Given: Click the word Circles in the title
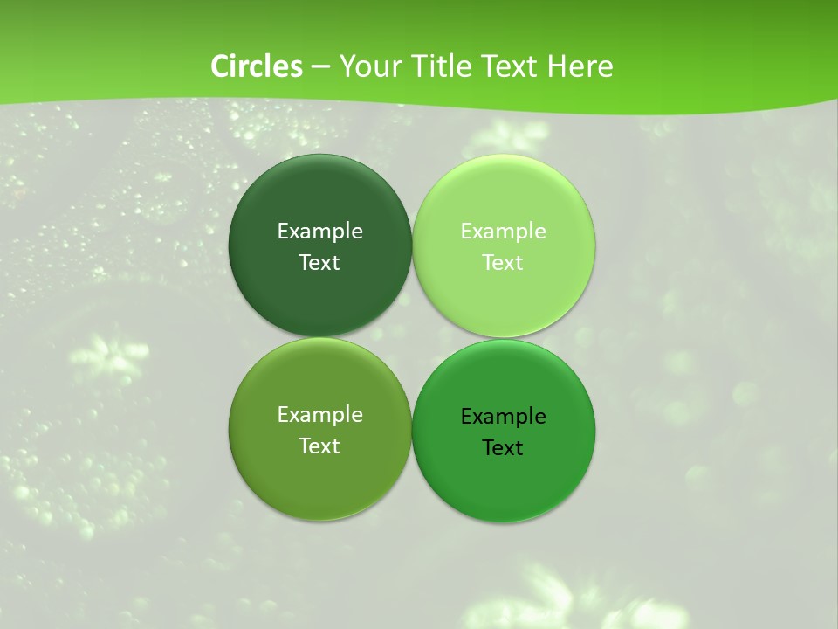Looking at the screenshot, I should [x=257, y=66].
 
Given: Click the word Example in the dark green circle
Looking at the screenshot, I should [x=319, y=232].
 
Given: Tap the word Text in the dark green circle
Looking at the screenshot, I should [x=319, y=263].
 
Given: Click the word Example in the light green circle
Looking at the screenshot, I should [x=503, y=232].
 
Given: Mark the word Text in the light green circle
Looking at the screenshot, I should [x=503, y=263].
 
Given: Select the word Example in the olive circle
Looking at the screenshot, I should [x=319, y=415].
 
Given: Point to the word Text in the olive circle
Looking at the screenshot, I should [x=319, y=446].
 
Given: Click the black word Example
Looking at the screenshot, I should [x=503, y=417].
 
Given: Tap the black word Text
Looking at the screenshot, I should [x=503, y=448].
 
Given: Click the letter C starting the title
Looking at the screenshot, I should [x=220, y=66].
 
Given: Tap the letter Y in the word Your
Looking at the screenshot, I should [x=347, y=66].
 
